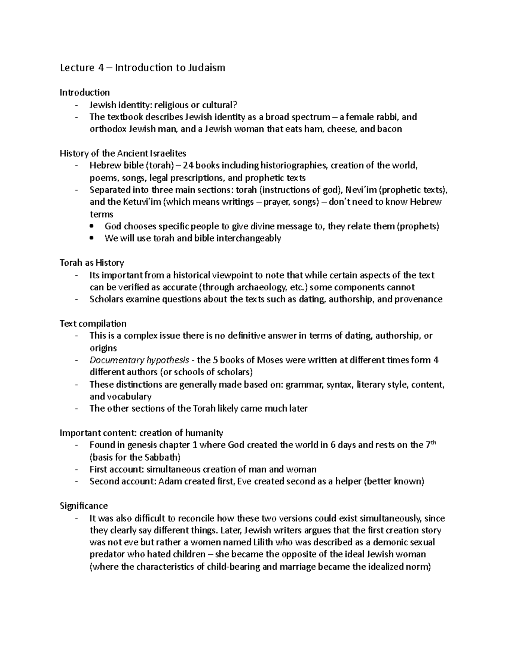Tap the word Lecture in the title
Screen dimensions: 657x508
77,68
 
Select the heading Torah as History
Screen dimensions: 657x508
91,263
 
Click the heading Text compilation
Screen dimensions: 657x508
93,324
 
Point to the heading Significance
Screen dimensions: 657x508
84,506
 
